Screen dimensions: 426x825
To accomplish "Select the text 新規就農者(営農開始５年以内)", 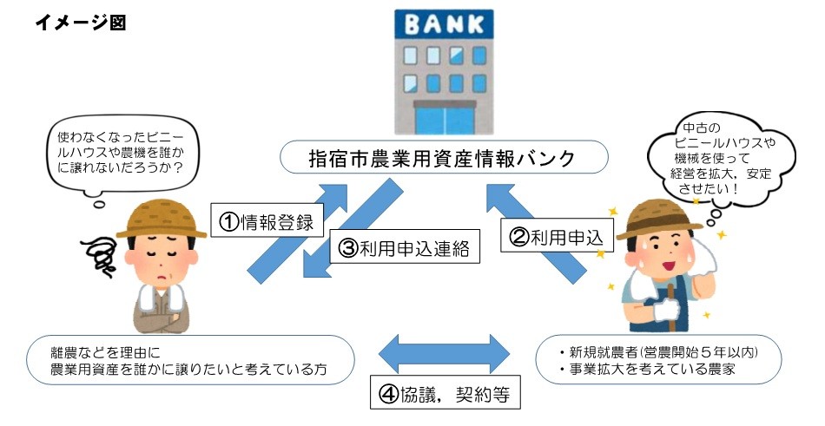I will pyautogui.click(x=662, y=352).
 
